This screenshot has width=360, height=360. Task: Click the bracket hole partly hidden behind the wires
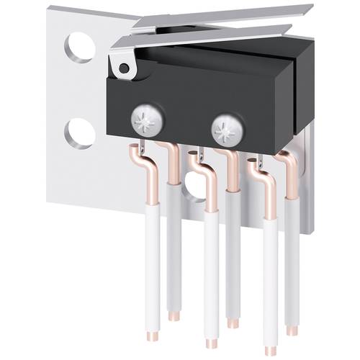point(195,186)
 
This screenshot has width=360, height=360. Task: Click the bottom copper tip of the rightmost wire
point(292,330)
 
